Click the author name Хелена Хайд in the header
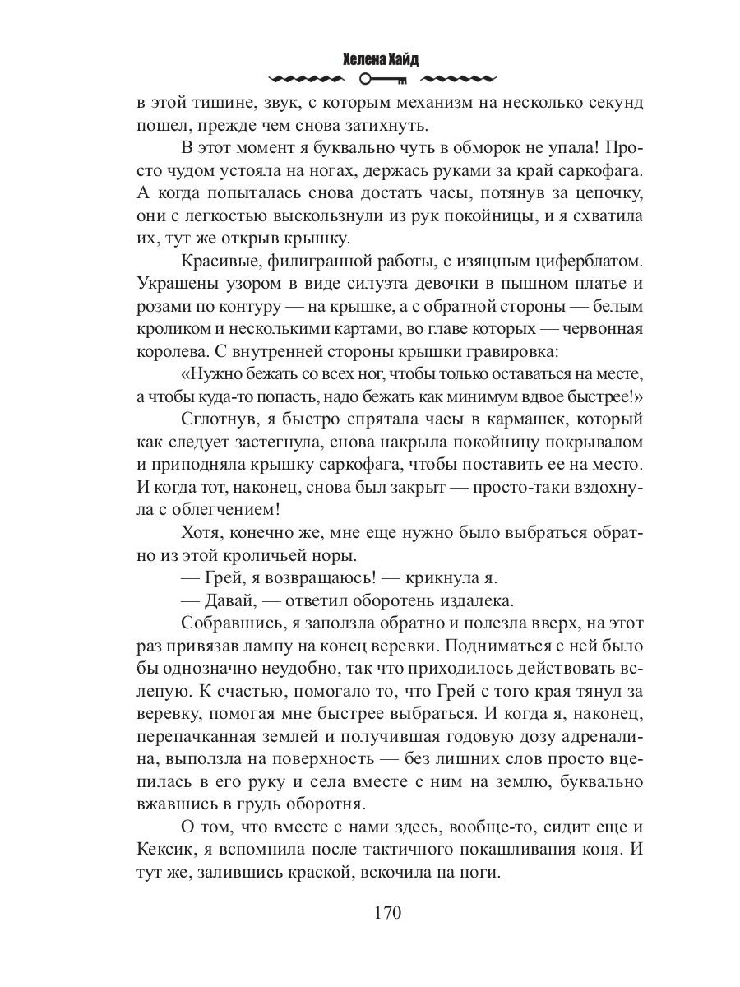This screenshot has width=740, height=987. pos(383,60)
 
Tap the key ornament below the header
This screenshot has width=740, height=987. pos(383,80)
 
